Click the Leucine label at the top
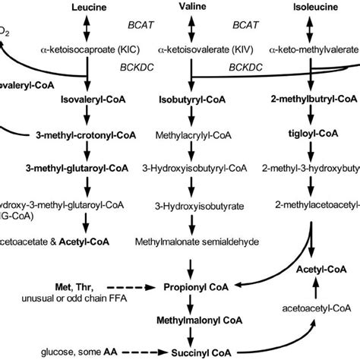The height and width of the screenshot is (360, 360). click(x=87, y=6)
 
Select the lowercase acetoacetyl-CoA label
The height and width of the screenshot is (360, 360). click(x=314, y=330)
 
